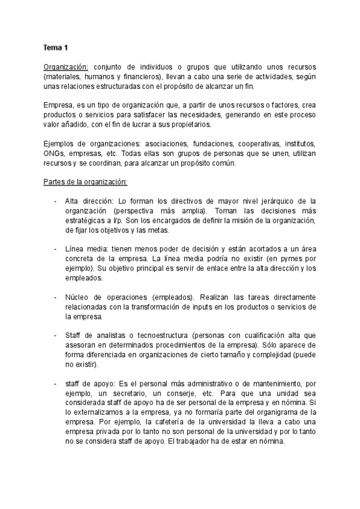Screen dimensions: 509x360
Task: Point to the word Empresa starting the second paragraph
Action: pyautogui.click(x=58, y=105)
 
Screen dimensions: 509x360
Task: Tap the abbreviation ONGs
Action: pyautogui.click(x=54, y=154)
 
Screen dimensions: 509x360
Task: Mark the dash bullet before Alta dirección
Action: pyautogui.click(x=56, y=202)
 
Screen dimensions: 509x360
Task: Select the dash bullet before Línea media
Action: pyautogui.click(x=56, y=249)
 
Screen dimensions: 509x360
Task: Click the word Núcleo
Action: pyautogui.click(x=76, y=297)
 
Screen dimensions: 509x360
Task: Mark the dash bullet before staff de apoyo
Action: pyautogui.click(x=56, y=384)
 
